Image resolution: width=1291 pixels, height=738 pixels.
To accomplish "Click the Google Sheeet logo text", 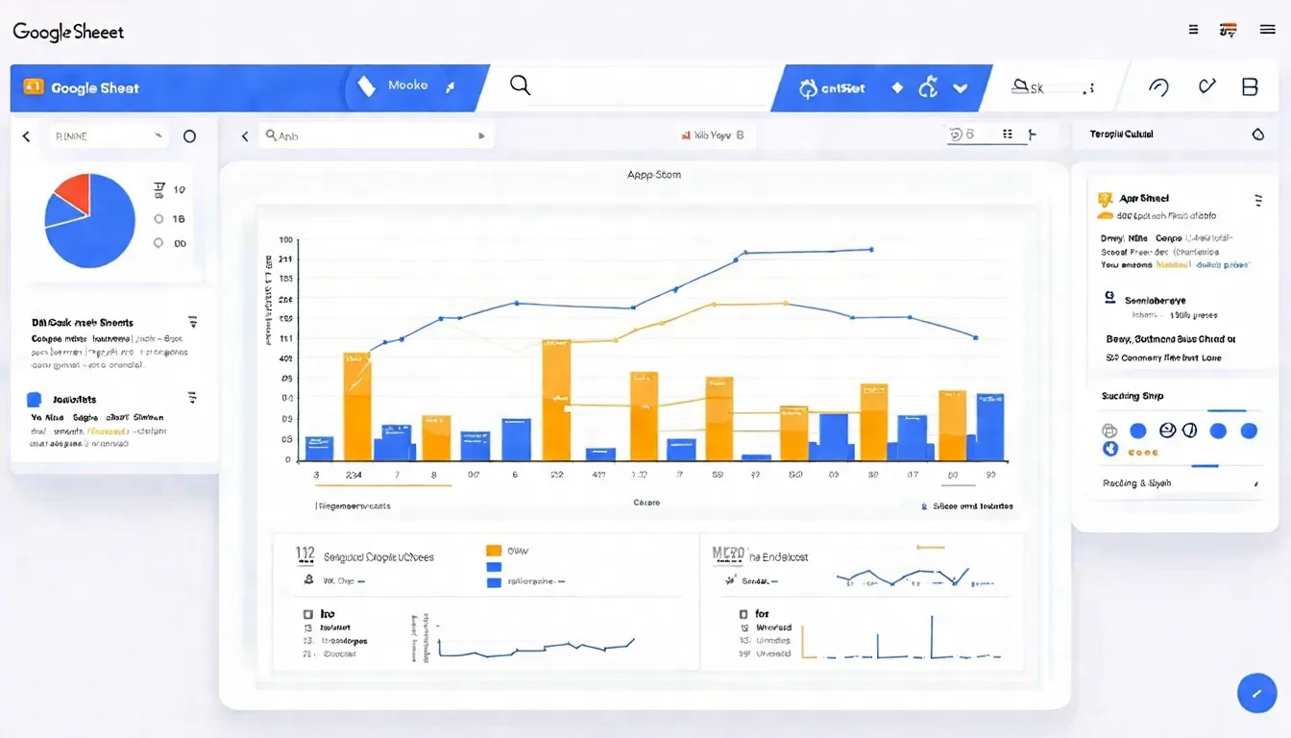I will tap(68, 32).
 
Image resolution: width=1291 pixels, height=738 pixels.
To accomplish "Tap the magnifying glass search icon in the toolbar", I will tap(520, 86).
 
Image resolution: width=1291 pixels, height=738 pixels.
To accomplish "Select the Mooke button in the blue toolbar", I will tap(407, 86).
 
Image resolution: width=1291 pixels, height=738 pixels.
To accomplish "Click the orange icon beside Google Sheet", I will tap(33, 87).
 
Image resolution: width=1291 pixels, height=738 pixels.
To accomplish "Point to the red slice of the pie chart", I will tap(73, 194).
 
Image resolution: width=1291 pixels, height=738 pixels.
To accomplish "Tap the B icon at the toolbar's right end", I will tap(1250, 87).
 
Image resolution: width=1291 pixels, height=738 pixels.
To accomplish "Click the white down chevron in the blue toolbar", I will tap(960, 87).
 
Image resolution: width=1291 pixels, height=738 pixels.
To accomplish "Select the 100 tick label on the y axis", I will tap(285, 240).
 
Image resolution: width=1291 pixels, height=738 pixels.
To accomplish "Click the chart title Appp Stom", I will tap(653, 175).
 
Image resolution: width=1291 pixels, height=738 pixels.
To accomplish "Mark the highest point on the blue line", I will tap(870, 249).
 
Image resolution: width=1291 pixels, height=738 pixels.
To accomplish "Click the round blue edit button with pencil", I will tap(1256, 693).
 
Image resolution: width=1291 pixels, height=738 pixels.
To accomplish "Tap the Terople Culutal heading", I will tap(1121, 135).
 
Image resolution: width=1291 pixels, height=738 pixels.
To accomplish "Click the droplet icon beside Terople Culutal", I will tap(1258, 135).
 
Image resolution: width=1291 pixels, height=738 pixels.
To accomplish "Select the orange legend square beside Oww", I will tap(494, 551).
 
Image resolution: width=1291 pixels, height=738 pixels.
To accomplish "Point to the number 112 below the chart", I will tap(305, 553).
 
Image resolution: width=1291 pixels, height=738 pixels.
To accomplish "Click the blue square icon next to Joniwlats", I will tap(35, 400).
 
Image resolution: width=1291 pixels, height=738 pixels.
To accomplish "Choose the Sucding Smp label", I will tap(1133, 396).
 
